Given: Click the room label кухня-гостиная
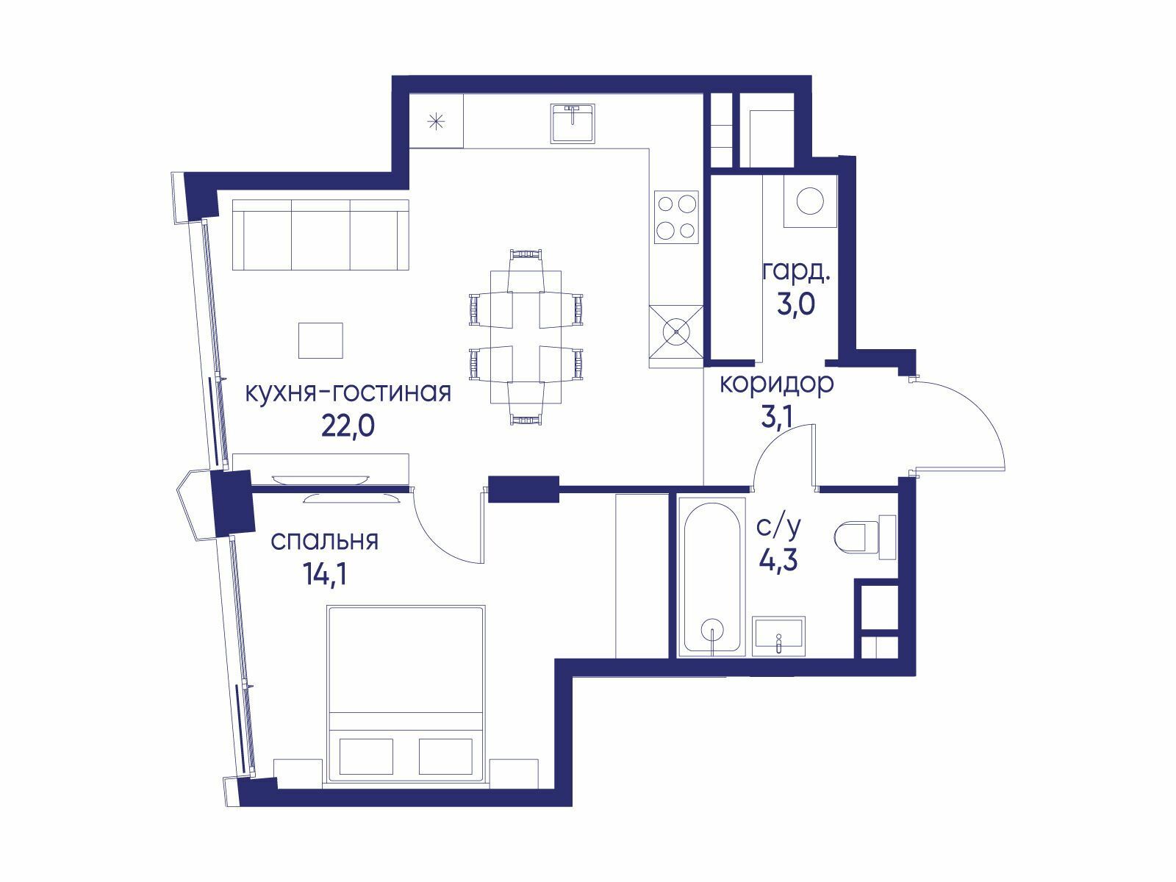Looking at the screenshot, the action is (x=348, y=394).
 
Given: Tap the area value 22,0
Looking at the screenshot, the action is (x=348, y=426).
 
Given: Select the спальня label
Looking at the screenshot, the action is (x=325, y=542).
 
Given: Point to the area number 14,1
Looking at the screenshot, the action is (x=325, y=575).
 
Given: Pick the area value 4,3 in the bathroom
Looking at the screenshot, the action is (x=778, y=561).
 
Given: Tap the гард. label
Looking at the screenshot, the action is (x=796, y=273).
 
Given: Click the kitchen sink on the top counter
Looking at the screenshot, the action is (x=573, y=123).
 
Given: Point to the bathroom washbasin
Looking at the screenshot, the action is (x=778, y=637).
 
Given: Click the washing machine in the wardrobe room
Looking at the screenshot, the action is (x=810, y=201).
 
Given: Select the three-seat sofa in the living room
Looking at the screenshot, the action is (x=320, y=235).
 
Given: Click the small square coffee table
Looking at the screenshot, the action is (x=320, y=340).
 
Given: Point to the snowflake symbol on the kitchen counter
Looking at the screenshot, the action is (x=436, y=123).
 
